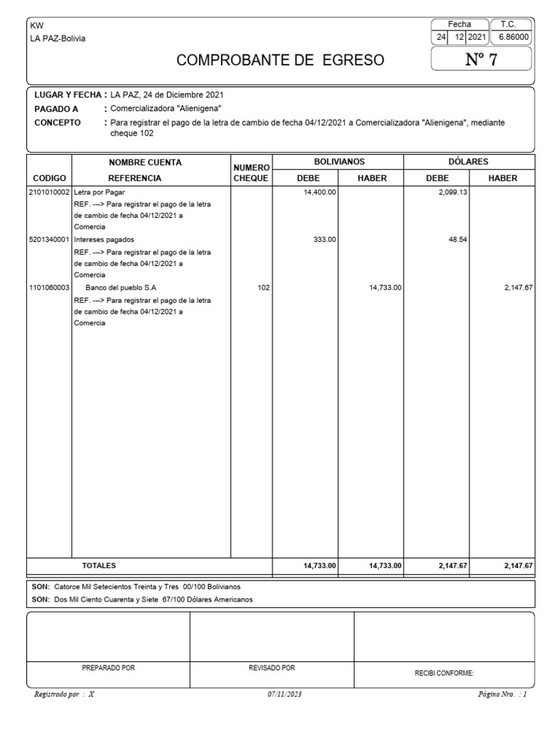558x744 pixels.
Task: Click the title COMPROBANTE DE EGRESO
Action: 280,60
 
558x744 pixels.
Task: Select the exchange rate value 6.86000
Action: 514,36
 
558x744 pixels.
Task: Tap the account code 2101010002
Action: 49,193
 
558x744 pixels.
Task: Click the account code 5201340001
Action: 49,239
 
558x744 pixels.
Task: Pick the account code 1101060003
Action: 49,288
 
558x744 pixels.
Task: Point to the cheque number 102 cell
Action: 264,288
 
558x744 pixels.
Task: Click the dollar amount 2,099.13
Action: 451,193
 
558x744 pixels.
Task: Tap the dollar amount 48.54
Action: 456,239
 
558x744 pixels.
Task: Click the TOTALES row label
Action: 98,565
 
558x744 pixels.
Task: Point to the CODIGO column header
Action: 49,177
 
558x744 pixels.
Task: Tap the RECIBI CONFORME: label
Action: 444,674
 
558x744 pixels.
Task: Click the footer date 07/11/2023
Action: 284,695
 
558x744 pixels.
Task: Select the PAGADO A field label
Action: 56,108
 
